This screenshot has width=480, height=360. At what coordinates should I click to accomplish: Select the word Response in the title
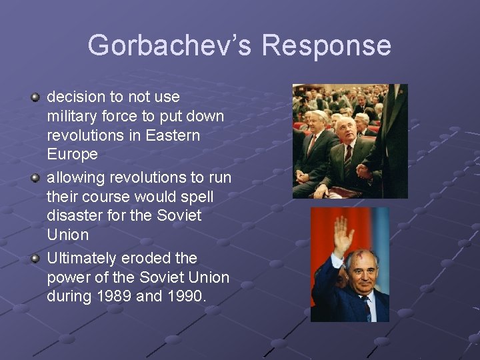point(326,45)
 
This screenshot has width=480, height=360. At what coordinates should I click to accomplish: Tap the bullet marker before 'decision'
point(35,98)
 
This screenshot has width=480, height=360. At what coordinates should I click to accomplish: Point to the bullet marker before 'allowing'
point(35,178)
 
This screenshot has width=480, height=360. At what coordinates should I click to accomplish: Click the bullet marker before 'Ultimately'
point(35,259)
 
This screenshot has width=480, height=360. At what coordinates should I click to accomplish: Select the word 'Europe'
point(72,155)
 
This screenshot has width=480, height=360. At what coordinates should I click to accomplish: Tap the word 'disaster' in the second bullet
point(73,215)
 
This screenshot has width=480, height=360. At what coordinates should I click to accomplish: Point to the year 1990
point(183,296)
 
